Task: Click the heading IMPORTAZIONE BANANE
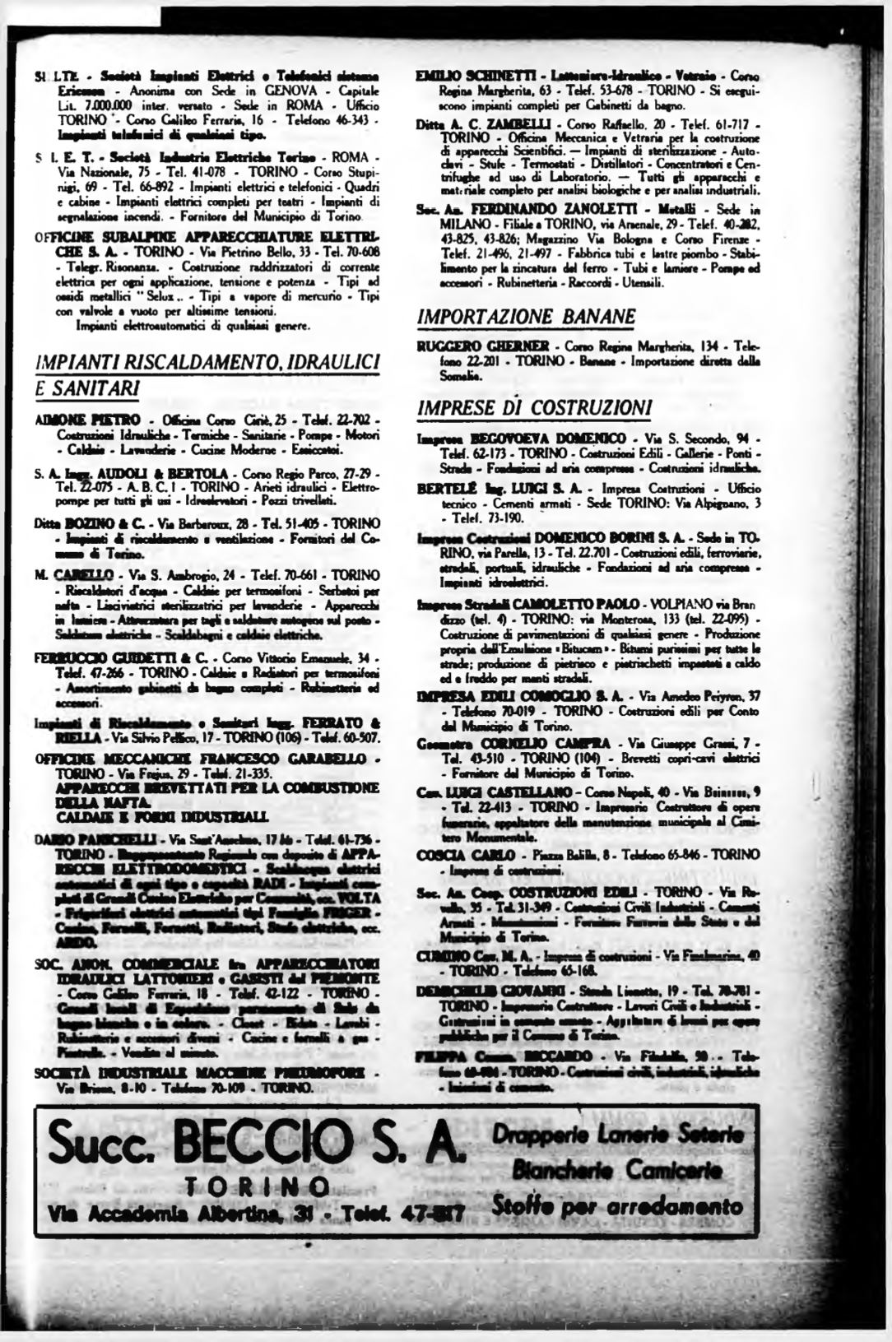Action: (527, 317)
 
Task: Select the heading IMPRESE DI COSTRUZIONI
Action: (535, 407)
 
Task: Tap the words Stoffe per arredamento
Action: (616, 1205)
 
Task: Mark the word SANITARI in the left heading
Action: (86, 387)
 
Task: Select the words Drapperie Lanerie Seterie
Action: (616, 1134)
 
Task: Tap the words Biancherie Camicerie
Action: (617, 1169)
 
